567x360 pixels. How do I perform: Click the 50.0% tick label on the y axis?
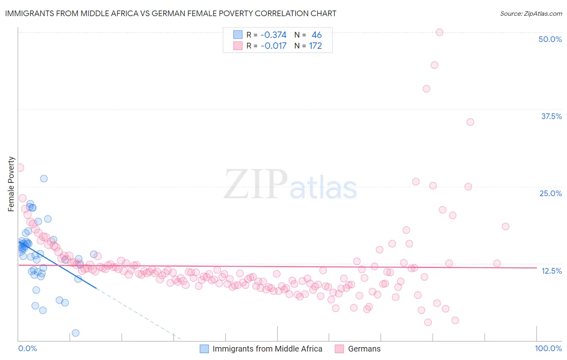pos(550,39)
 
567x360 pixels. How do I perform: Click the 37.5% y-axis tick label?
pos(551,116)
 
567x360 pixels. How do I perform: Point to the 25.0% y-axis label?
pos(550,193)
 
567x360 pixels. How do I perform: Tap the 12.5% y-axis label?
pos(551,271)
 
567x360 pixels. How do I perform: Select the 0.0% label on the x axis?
pos(27,348)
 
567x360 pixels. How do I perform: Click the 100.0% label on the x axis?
pos(548,348)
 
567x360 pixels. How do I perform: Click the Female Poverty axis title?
pos(11,184)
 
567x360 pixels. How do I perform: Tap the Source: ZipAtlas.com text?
pos(531,13)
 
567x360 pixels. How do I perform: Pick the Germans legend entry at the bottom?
pos(364,349)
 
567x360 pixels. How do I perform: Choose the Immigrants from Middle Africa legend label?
pos(267,349)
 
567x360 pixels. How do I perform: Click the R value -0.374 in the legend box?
pos(273,35)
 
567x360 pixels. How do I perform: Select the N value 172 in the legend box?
pos(315,46)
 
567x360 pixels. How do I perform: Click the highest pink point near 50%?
pos(440,32)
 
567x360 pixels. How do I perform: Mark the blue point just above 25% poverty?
pos(44,178)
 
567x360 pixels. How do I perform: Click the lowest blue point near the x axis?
pos(75,333)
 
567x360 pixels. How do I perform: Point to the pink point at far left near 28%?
pos(20,167)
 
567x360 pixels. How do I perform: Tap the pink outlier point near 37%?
pos(470,122)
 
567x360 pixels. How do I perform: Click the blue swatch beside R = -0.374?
pos(238,35)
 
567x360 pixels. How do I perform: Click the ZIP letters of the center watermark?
pos(256,184)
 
